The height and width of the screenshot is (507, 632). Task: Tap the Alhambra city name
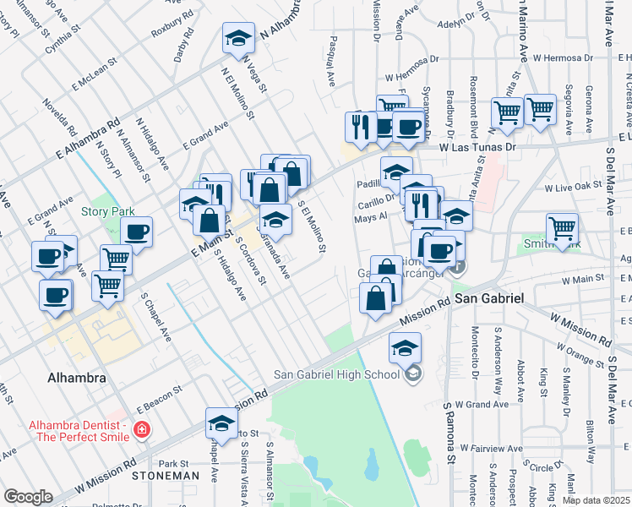pyautogui.click(x=77, y=378)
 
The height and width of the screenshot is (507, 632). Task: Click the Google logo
pyautogui.click(x=28, y=497)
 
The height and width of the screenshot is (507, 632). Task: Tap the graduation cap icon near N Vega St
pyautogui.click(x=238, y=37)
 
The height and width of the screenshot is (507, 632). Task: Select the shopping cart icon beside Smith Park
pyautogui.click(x=562, y=227)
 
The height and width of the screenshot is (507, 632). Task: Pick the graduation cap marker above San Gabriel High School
pyautogui.click(x=405, y=347)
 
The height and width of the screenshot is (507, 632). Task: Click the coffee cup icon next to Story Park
pyautogui.click(x=136, y=232)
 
